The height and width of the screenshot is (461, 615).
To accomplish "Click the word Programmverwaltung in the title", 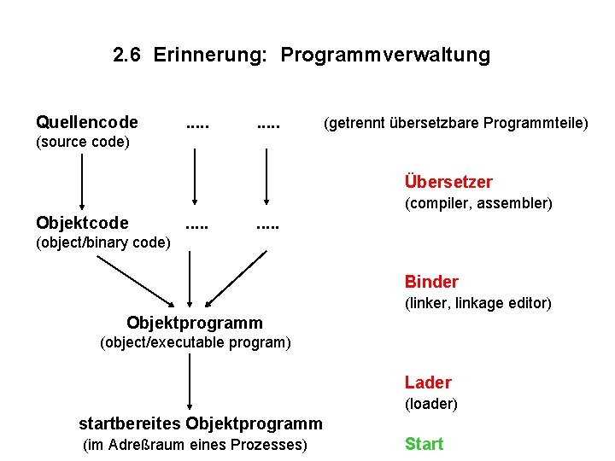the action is click(x=385, y=56).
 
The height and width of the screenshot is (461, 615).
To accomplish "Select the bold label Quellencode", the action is click(x=87, y=123).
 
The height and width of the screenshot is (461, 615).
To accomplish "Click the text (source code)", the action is click(x=83, y=142).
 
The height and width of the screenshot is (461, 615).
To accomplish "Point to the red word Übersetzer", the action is click(x=448, y=182).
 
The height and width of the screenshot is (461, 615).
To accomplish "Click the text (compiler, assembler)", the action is click(x=478, y=204).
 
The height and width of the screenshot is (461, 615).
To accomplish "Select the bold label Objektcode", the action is click(x=83, y=224).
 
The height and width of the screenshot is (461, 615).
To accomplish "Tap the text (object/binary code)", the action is click(x=103, y=242).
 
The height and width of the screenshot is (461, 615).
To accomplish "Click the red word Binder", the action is click(x=431, y=282).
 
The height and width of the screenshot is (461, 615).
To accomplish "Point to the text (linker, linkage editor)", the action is click(x=477, y=303).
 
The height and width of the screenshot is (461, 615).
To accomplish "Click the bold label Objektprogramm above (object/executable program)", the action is click(x=195, y=323).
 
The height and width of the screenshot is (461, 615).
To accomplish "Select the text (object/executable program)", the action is click(x=196, y=343).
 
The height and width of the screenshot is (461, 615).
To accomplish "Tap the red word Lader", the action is click(x=428, y=382).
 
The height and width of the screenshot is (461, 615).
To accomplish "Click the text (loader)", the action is click(x=431, y=404).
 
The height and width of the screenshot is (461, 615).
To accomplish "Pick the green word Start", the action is click(x=424, y=444).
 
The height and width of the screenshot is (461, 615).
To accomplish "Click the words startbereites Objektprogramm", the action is click(x=201, y=423).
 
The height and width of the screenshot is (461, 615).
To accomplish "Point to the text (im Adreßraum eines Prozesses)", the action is click(x=195, y=445).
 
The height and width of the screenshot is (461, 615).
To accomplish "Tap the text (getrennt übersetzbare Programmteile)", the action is click(x=454, y=124).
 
